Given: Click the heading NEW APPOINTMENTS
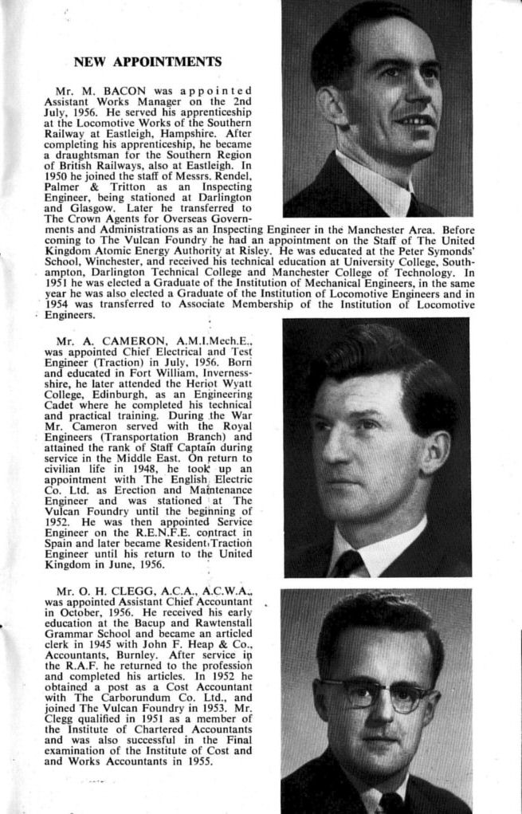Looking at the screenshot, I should point(147,61).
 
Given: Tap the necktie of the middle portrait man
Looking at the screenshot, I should point(348,564).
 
